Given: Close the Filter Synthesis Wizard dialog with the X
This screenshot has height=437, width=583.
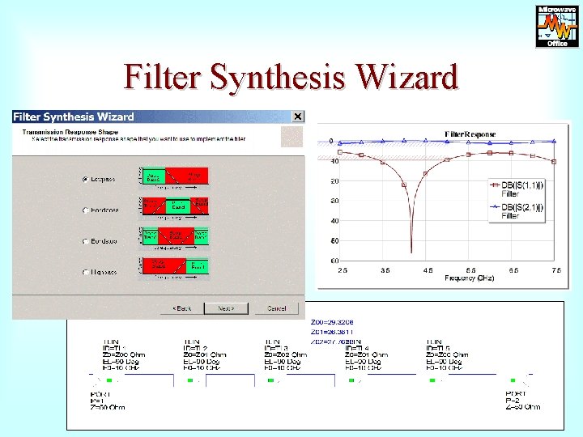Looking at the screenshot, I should (x=298, y=117).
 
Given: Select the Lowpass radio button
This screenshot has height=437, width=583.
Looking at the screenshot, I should (x=85, y=179).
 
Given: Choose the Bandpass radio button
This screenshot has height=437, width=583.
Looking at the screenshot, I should (x=85, y=210).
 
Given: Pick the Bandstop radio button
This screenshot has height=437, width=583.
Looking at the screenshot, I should (x=85, y=241).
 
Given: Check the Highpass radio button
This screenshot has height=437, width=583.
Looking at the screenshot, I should (x=85, y=273).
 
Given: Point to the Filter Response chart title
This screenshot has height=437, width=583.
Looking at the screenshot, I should (x=470, y=134).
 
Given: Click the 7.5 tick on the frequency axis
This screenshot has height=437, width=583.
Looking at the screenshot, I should (x=555, y=269).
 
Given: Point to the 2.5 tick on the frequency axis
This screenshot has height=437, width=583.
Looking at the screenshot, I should (x=343, y=269).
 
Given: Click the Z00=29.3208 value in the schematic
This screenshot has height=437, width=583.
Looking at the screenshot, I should (x=332, y=321).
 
